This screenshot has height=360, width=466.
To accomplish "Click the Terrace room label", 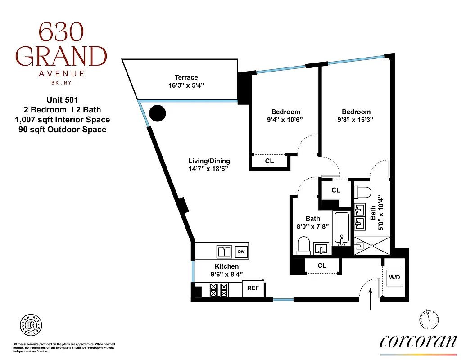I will tap(186, 77).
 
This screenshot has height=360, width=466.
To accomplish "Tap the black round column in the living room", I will tap(158, 113).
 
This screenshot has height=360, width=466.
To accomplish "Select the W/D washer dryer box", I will tap(394, 277).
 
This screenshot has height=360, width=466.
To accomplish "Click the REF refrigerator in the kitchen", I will tap(253, 288).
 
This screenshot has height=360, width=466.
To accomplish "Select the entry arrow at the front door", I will tap(371, 299).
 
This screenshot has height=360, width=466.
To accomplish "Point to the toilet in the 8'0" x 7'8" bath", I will tap(304, 245).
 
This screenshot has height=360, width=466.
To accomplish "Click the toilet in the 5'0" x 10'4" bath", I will tap(362, 192).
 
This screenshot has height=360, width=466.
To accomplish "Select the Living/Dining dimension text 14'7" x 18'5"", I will tap(209, 169).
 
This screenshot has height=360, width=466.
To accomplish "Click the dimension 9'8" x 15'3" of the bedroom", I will tap(356, 120).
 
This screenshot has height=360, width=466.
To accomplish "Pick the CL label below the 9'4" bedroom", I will tap(269, 161).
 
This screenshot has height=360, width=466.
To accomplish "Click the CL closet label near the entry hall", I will tap(322, 265).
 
